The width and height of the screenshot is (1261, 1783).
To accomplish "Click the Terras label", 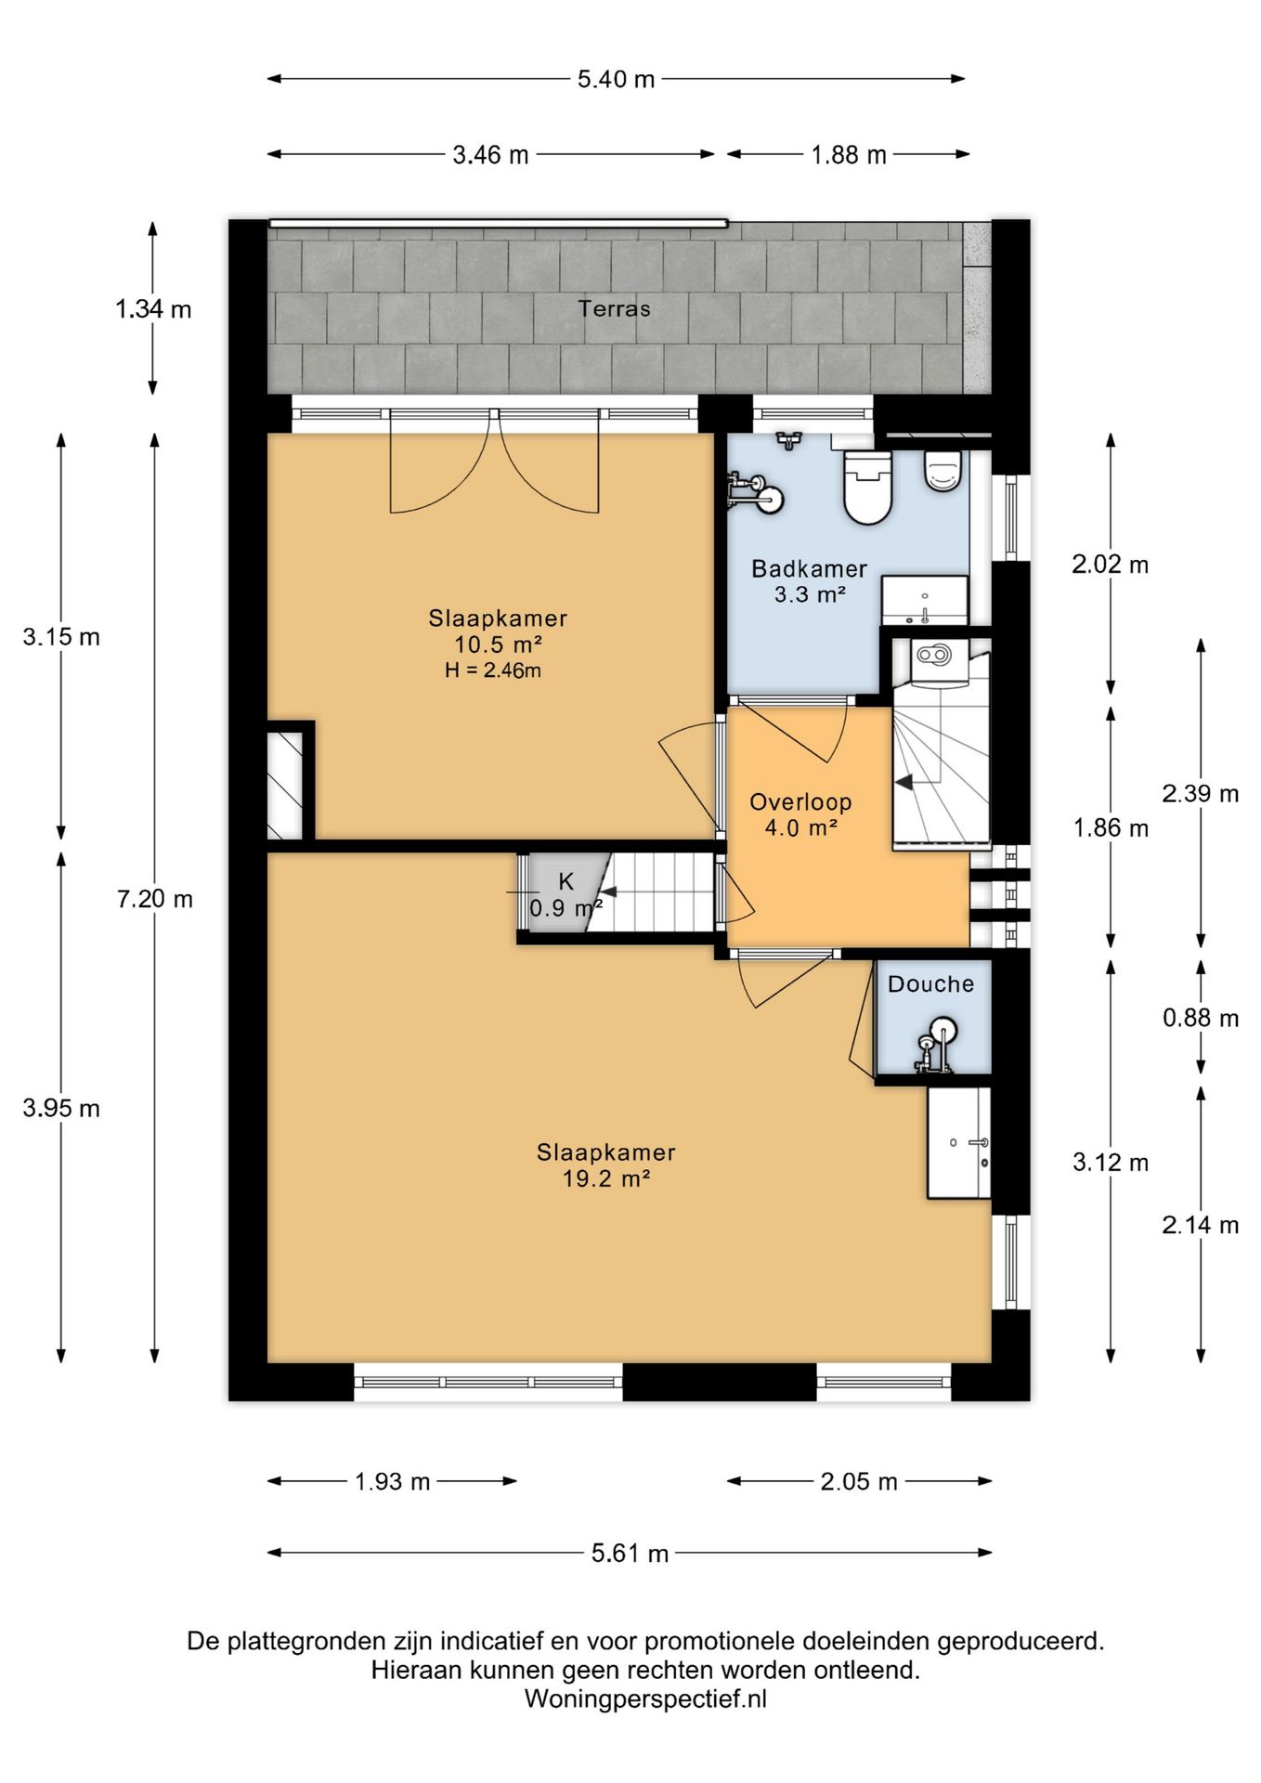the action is (614, 308).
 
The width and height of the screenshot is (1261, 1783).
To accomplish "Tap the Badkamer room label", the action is (809, 568).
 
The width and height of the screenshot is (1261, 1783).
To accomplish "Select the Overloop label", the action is (800, 801).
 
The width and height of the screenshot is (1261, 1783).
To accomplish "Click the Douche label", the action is (930, 984).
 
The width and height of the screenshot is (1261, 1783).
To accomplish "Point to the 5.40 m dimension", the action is (616, 79).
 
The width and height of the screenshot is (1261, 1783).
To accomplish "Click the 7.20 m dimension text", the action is (155, 899).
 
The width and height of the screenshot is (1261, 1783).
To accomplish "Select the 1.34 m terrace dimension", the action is (153, 308).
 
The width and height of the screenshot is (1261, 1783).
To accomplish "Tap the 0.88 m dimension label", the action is (1201, 1018).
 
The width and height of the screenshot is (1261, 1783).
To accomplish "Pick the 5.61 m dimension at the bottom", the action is (630, 1554).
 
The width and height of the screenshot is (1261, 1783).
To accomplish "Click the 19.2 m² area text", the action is (605, 1178).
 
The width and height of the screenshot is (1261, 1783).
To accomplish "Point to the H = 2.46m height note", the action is (493, 670).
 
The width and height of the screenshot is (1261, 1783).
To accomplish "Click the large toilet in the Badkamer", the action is (867, 488).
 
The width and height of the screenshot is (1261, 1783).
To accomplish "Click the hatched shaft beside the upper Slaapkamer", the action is (285, 786).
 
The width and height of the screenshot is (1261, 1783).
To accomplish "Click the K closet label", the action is (565, 881).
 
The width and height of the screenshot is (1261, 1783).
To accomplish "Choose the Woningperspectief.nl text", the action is (645, 1699).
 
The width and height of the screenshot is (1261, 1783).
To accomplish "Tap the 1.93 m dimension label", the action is (392, 1481).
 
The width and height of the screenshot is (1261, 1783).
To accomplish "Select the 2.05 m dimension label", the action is (859, 1481).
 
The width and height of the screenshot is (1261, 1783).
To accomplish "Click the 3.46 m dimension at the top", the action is (490, 154).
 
